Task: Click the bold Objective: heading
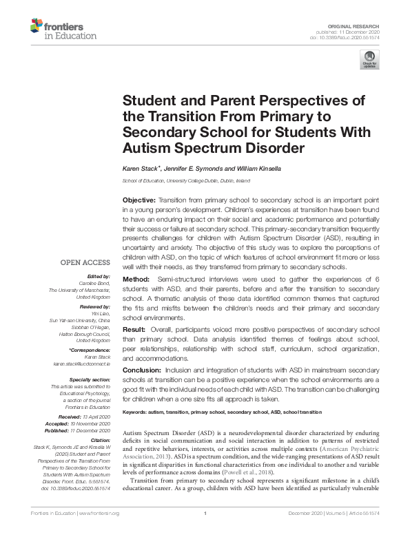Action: click(141, 198)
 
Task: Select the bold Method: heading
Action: click(138, 279)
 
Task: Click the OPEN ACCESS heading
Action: click(85, 262)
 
